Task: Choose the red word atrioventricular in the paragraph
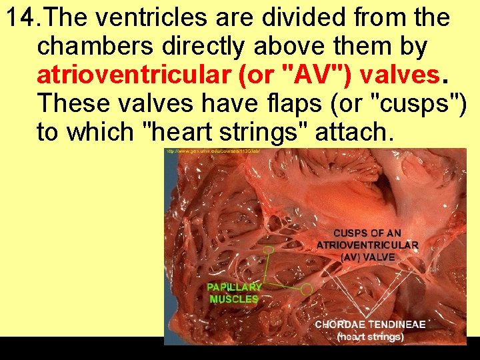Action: [x=133, y=75]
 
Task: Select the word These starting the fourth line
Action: [x=69, y=104]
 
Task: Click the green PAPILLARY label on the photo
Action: [x=234, y=287]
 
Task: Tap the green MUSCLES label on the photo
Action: [x=233, y=299]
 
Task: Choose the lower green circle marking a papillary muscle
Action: [x=307, y=289]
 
